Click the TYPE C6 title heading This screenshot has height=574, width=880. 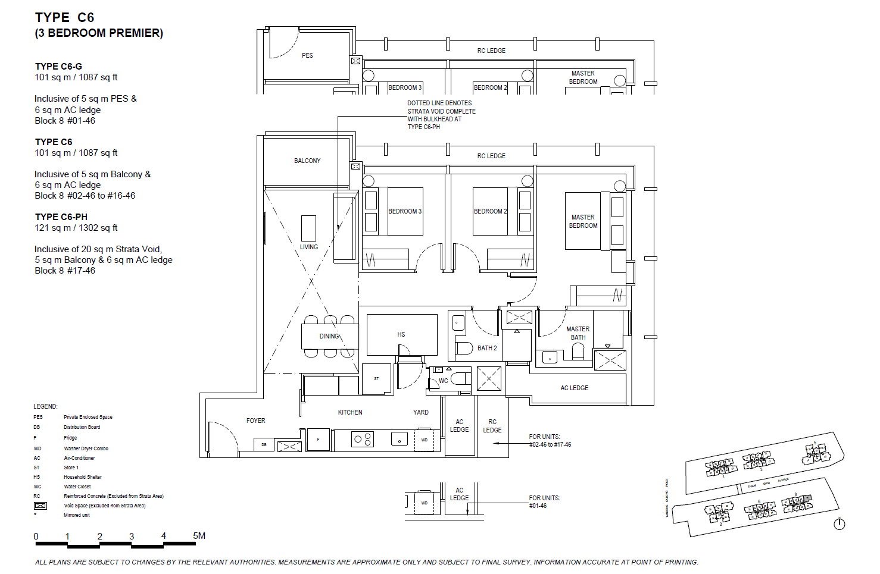point(64,18)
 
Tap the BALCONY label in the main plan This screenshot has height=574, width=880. point(307,161)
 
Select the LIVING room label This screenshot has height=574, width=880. point(308,247)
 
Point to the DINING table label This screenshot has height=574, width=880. point(329,336)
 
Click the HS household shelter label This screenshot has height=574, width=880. point(401,334)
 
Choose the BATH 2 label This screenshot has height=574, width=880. point(487,348)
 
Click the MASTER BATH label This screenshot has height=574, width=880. point(578,333)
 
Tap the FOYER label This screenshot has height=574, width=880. point(256,421)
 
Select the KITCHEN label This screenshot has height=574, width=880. point(350,412)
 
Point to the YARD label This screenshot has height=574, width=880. point(421,412)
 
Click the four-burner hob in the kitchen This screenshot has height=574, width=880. point(363,440)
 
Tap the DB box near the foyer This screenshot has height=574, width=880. point(264,444)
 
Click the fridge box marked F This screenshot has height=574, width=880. point(318,440)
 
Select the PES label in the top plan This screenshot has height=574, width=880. point(307,55)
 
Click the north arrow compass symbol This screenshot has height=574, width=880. point(840,524)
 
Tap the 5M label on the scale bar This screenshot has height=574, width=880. point(199,536)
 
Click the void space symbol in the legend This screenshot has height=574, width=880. point(40,506)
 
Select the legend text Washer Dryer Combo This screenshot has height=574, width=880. point(86,448)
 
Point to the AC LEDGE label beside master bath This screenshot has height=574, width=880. point(574,388)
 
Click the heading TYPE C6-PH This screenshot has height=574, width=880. point(61,217)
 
